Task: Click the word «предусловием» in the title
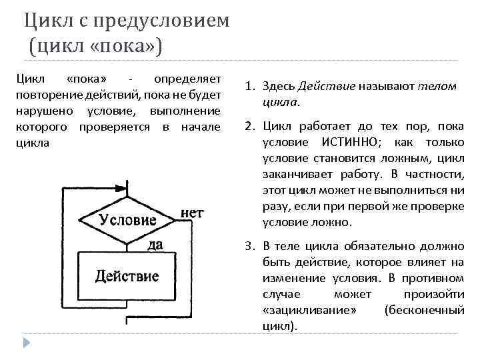pos(163,21)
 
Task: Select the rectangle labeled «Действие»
pos(127,276)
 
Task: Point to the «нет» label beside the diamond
pos(192,213)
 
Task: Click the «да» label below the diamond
pos(155,245)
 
